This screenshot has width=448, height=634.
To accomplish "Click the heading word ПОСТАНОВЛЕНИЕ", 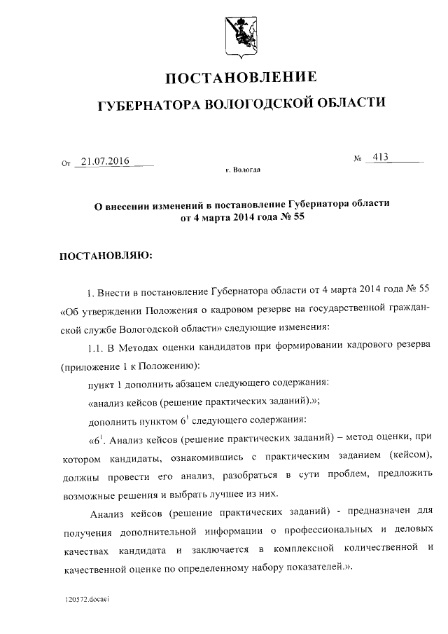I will click(241, 77).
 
